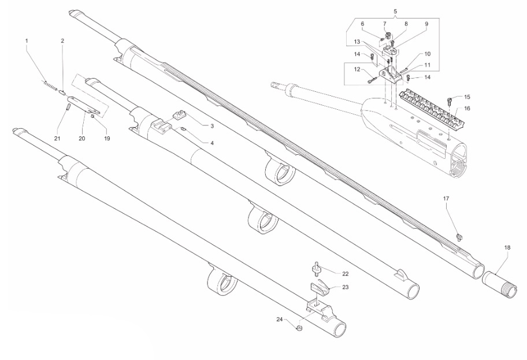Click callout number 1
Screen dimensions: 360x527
[x=26, y=40]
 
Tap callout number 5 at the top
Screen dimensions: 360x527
[x=395, y=12]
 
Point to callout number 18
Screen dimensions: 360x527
[x=507, y=247]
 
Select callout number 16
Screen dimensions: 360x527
[x=467, y=108]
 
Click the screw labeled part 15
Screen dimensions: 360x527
[x=452, y=100]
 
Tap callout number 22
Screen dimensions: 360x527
[x=345, y=273]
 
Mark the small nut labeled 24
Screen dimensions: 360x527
[x=299, y=329]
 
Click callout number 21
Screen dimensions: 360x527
[x=57, y=139]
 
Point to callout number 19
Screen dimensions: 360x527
[x=107, y=139]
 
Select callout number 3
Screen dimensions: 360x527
[x=212, y=125]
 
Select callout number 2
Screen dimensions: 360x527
[x=62, y=40]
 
